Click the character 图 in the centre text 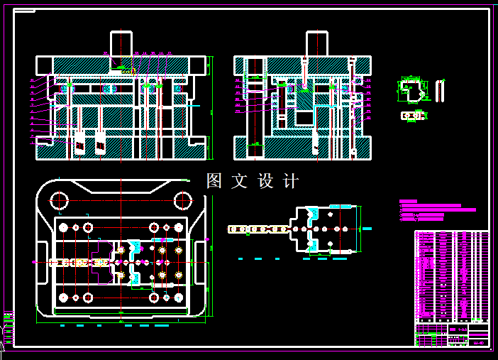pyautogui.click(x=214, y=181)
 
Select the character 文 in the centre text pyautogui.click(x=239, y=181)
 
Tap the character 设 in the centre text pyautogui.click(x=266, y=181)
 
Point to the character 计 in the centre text pyautogui.click(x=291, y=181)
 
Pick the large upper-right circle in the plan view pyautogui.click(x=182, y=201)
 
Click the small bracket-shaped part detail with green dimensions pyautogui.click(x=410, y=89)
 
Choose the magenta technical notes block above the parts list pyautogui.click(x=433, y=211)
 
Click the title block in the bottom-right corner pyautogui.click(x=451, y=334)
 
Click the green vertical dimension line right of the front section pyautogui.click(x=211, y=148)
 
